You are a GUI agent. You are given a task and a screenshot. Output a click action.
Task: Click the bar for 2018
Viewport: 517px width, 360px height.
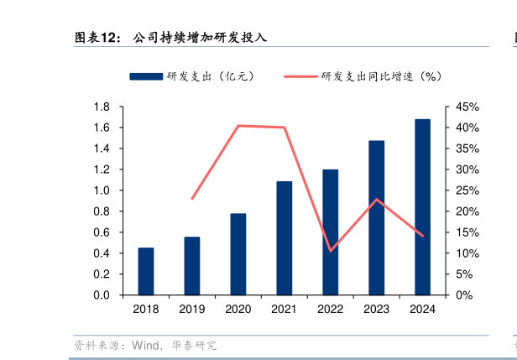(x=146, y=272)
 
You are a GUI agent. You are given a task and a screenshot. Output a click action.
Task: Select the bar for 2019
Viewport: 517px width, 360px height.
(x=192, y=266)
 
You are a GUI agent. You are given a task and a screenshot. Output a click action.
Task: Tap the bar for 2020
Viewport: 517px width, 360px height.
(x=238, y=254)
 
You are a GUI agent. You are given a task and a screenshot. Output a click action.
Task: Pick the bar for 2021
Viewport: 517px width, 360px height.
(x=285, y=238)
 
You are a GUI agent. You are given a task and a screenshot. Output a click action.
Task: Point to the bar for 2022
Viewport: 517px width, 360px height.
(x=331, y=232)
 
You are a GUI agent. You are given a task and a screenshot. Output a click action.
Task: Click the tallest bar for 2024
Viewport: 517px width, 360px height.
(x=422, y=207)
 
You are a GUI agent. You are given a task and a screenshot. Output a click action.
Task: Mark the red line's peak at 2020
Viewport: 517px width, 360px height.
(x=238, y=126)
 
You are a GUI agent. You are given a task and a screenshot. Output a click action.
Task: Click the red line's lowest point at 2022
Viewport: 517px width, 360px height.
(x=331, y=250)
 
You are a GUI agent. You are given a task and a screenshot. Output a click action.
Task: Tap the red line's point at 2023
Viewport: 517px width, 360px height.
(x=377, y=199)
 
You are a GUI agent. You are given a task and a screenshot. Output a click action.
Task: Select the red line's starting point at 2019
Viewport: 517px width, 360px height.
(x=192, y=199)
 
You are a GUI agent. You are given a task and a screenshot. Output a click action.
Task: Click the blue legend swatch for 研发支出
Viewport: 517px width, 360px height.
(x=146, y=76)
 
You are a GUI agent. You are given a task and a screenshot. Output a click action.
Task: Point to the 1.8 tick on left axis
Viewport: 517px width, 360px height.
(x=102, y=107)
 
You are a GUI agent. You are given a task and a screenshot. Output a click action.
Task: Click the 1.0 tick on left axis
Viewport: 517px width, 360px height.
(x=102, y=190)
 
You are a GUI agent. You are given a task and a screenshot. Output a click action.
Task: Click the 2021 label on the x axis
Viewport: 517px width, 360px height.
(x=285, y=309)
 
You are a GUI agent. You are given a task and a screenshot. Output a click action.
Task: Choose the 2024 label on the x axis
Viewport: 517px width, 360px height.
(x=422, y=309)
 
